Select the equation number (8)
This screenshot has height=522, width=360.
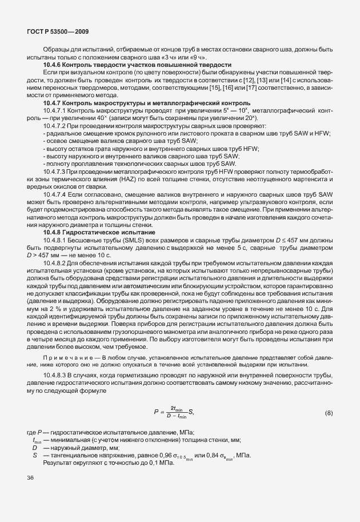tap(329, 412)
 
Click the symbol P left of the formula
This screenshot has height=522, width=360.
tap(155, 412)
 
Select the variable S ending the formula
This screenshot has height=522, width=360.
tap(190, 412)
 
